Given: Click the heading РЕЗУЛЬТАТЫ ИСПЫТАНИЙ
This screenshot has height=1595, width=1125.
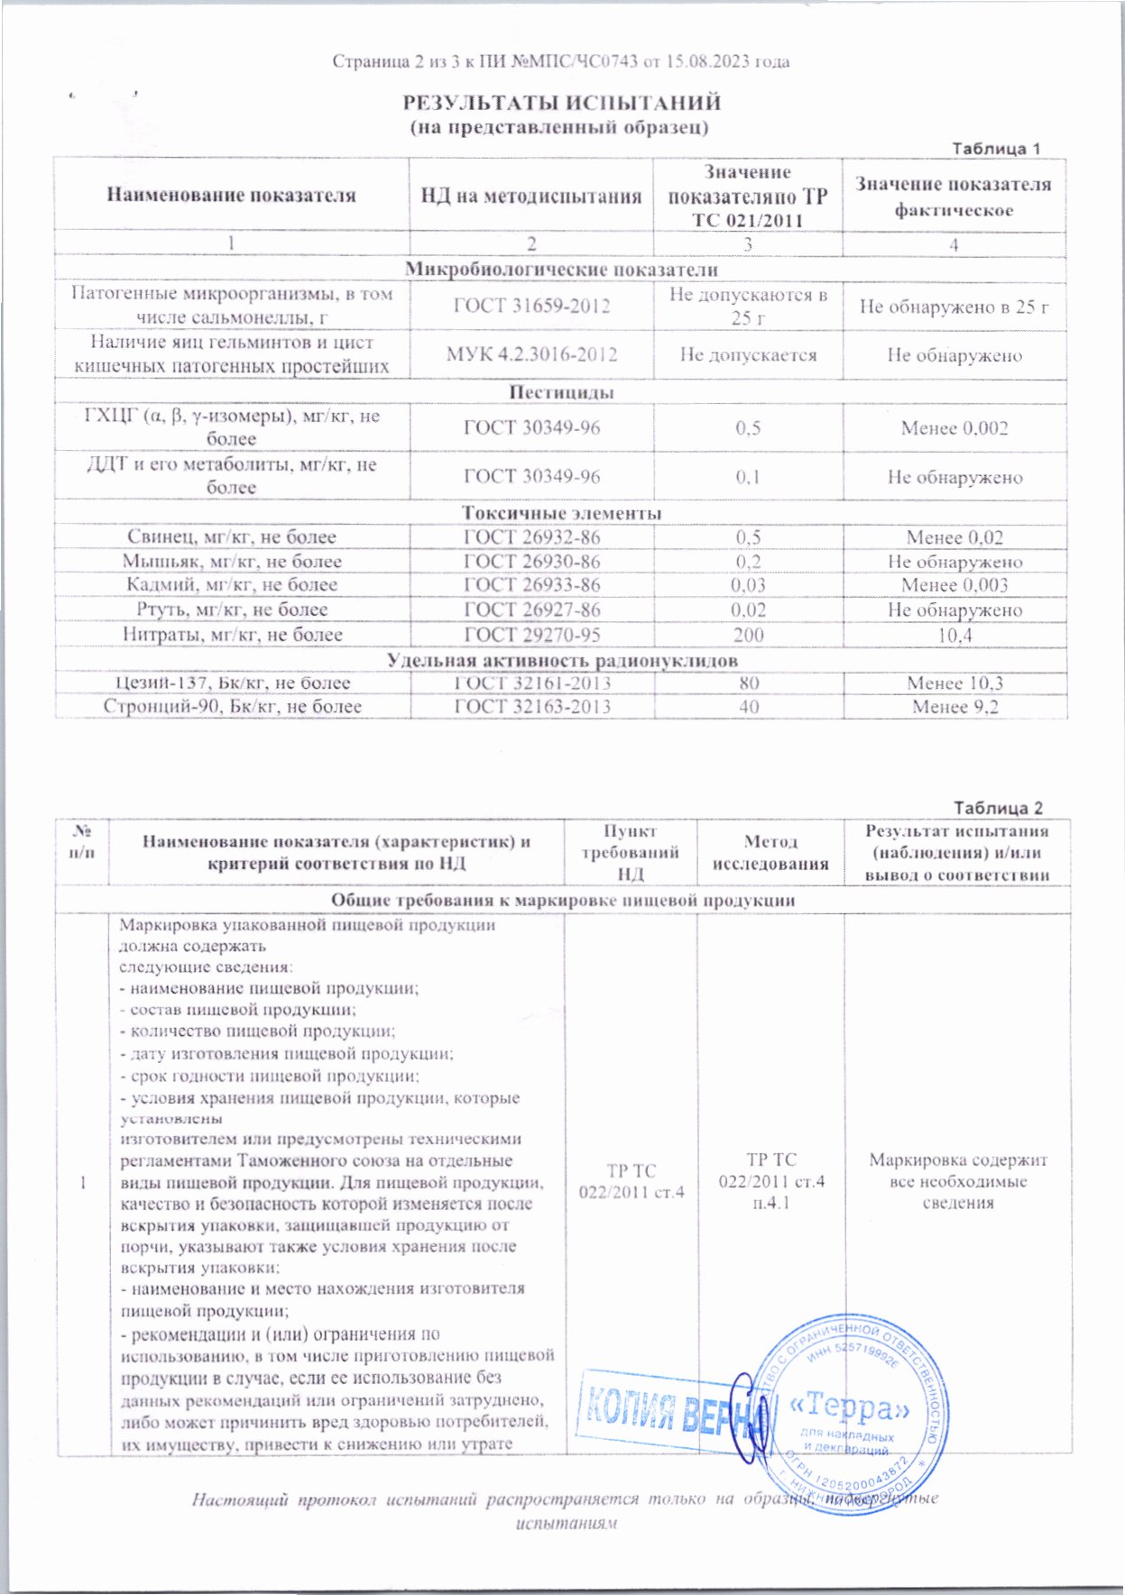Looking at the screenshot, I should (x=560, y=103).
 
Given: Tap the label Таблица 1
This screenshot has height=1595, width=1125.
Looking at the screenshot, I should (x=997, y=149).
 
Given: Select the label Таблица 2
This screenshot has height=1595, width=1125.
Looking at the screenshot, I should (x=998, y=808).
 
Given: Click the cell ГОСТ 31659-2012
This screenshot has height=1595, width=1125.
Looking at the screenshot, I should (x=531, y=306).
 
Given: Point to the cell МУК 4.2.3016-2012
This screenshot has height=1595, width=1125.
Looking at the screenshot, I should (x=531, y=354).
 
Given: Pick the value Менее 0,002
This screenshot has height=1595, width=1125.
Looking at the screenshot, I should (x=954, y=428).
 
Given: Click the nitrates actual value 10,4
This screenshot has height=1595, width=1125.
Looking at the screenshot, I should (x=954, y=635).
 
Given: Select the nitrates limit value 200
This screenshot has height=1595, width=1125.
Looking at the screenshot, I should (x=748, y=635).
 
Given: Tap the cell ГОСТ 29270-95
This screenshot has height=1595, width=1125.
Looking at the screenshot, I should (x=531, y=635).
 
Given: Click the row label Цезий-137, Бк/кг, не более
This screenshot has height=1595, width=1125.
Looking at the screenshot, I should (x=233, y=683).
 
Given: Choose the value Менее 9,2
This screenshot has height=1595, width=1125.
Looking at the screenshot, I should (x=954, y=707).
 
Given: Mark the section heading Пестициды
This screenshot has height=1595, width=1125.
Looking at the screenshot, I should (x=561, y=392).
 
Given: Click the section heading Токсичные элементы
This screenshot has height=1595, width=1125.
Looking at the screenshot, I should (x=561, y=513).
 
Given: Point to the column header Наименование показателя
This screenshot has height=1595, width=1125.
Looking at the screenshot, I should (x=232, y=195).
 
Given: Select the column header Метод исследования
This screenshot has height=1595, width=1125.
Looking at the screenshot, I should (x=770, y=852).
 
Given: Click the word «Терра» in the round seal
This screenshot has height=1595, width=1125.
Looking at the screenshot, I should (x=849, y=1406).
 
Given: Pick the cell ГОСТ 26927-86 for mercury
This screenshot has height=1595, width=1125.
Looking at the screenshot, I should (x=531, y=610).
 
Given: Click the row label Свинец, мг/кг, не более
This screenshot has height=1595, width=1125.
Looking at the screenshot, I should (x=232, y=537).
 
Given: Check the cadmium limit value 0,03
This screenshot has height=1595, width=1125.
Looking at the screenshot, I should (x=748, y=585).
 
